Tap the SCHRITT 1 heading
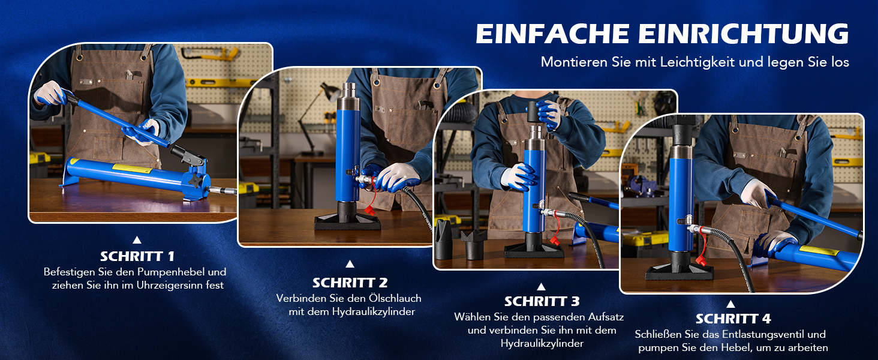tap(137, 256)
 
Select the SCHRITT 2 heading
tap(350, 283)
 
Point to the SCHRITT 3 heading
tap(542, 301)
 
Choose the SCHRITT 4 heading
tap(733, 319)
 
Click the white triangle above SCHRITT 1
tap(137, 239)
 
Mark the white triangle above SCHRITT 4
tap(730, 304)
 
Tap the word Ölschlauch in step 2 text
tap(395, 298)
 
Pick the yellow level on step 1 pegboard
tap(220, 83)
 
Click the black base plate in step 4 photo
tap(679, 272)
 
